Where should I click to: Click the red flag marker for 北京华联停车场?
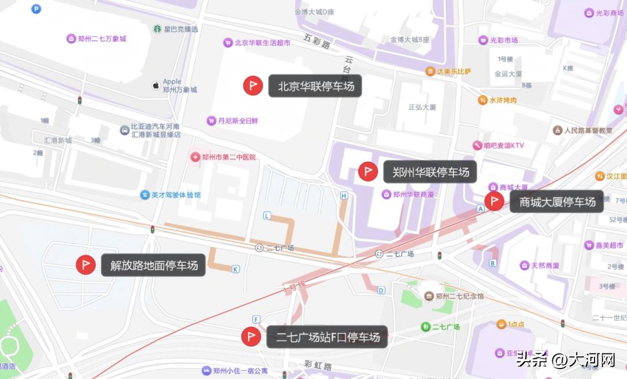253,86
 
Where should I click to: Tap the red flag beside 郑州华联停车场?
367,171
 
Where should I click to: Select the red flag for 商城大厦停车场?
494,202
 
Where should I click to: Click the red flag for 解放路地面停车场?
85,265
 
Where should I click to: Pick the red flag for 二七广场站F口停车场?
251,337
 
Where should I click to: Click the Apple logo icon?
156,86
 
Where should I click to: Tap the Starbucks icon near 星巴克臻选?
157,29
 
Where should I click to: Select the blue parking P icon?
36,9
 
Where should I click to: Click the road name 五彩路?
316,41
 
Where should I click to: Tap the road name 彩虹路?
318,366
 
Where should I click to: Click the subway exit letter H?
344,196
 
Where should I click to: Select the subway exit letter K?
235,269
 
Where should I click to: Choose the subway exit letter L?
267,216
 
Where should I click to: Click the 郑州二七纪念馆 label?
459,296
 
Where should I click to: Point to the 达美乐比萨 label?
453,71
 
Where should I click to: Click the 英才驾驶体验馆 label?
175,195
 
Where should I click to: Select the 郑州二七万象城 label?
101,39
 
